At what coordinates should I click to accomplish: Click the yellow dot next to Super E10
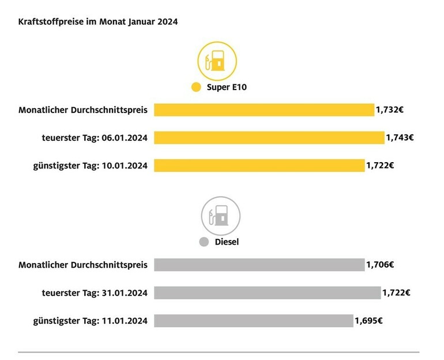coord(195,88)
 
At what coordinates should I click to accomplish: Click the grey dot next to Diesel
coord(204,242)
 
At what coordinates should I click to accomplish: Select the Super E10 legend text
coord(227,88)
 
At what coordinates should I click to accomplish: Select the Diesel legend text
coord(227,242)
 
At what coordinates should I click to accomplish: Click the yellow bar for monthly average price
coord(264,110)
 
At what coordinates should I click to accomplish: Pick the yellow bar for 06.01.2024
coord(269,137)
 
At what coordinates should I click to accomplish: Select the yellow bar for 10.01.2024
coord(259,166)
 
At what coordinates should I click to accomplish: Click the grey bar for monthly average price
coord(259,265)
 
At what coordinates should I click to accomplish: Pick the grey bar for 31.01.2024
coord(267,292)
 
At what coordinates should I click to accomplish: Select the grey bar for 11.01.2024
coord(253,321)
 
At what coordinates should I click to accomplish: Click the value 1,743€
coord(399,137)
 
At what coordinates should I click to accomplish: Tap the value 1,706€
coord(380,265)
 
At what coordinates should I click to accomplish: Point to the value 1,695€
coord(369,321)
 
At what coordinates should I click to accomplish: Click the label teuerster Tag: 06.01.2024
coord(93,137)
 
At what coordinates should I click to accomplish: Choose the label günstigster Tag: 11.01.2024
coord(89,321)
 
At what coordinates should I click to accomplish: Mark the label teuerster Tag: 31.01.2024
coord(93,292)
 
